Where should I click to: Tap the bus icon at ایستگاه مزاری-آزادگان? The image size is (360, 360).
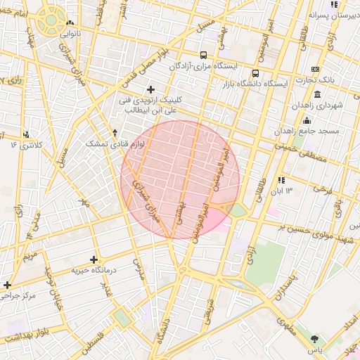point(203,55)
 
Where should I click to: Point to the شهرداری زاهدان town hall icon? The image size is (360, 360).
point(318,94)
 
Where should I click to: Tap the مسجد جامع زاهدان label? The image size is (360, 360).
point(312,131)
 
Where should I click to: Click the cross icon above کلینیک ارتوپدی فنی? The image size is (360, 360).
point(150,89)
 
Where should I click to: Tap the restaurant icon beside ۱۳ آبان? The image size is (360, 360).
point(282,180)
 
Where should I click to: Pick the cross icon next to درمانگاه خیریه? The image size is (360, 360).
point(94,259)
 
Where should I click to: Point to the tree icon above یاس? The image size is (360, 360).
point(314,339)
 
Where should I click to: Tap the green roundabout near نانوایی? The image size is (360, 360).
point(51,20)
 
